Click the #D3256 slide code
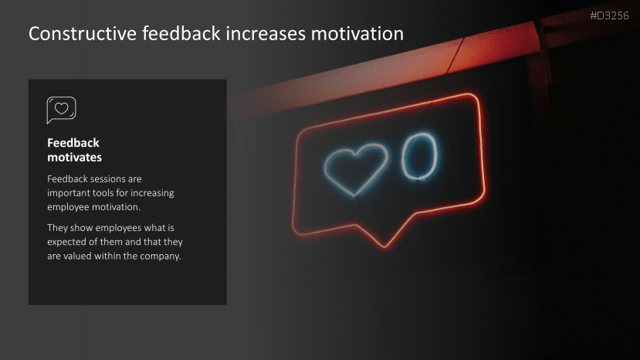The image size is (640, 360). pos(610,15)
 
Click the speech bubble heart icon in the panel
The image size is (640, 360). pos(61,110)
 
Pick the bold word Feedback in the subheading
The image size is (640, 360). pos(73,143)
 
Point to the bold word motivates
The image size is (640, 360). pos(75,158)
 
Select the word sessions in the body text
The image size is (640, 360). pos(112,178)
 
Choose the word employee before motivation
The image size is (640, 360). pos(72,207)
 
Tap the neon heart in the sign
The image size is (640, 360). pos(356,167)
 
